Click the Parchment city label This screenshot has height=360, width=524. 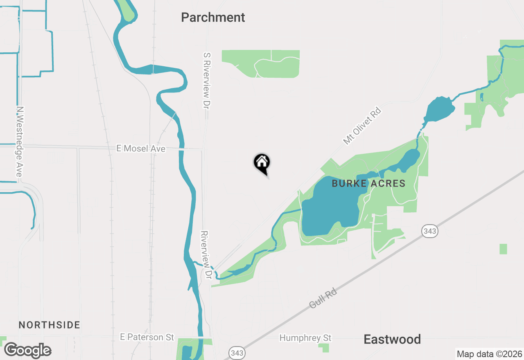pyautogui.click(x=213, y=18)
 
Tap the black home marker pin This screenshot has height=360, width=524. pyautogui.click(x=262, y=164)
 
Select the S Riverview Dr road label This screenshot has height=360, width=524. pyautogui.click(x=206, y=80)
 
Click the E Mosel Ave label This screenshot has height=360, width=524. pyautogui.click(x=141, y=148)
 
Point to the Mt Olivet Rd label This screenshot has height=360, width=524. pyautogui.click(x=362, y=126)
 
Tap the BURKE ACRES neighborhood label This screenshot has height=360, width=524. pyautogui.click(x=368, y=184)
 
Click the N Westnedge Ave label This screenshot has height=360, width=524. pyautogui.click(x=19, y=142)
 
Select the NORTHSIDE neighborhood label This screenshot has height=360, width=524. pyautogui.click(x=49, y=325)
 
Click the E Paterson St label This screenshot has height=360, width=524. pyautogui.click(x=147, y=337)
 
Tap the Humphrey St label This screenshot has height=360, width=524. pyautogui.click(x=305, y=338)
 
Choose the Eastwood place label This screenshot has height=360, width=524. pyautogui.click(x=392, y=339)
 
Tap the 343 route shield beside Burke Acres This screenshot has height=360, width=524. pyautogui.click(x=430, y=231)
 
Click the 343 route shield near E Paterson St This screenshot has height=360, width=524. pyautogui.click(x=236, y=352)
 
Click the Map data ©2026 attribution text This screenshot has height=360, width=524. pyautogui.click(x=489, y=354)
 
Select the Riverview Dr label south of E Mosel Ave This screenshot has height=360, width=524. pyautogui.click(x=205, y=255)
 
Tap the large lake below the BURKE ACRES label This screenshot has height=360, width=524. pyautogui.click(x=330, y=209)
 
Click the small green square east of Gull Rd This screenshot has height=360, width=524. pyautogui.click(x=503, y=249)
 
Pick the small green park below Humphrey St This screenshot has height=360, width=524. pyautogui.click(x=324, y=348)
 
